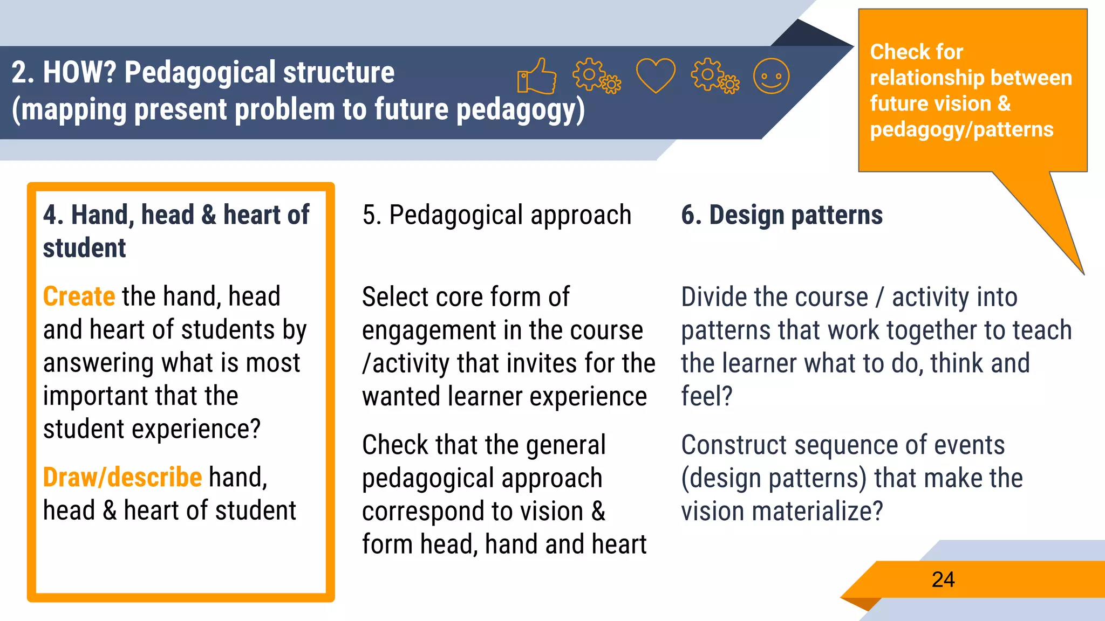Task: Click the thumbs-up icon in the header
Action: coord(536,77)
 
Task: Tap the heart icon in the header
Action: coord(656,75)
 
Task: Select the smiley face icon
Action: coord(771,76)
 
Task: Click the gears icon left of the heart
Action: coord(596,75)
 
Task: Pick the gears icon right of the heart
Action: coord(715,75)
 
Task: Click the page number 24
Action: coord(943,580)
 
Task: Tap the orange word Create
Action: coord(79,296)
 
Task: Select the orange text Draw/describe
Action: coord(122,478)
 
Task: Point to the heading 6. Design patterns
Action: coord(782,215)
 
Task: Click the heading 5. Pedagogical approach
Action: coord(496,215)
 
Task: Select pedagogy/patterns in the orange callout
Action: coord(961,130)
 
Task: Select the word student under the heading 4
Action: coord(84,249)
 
